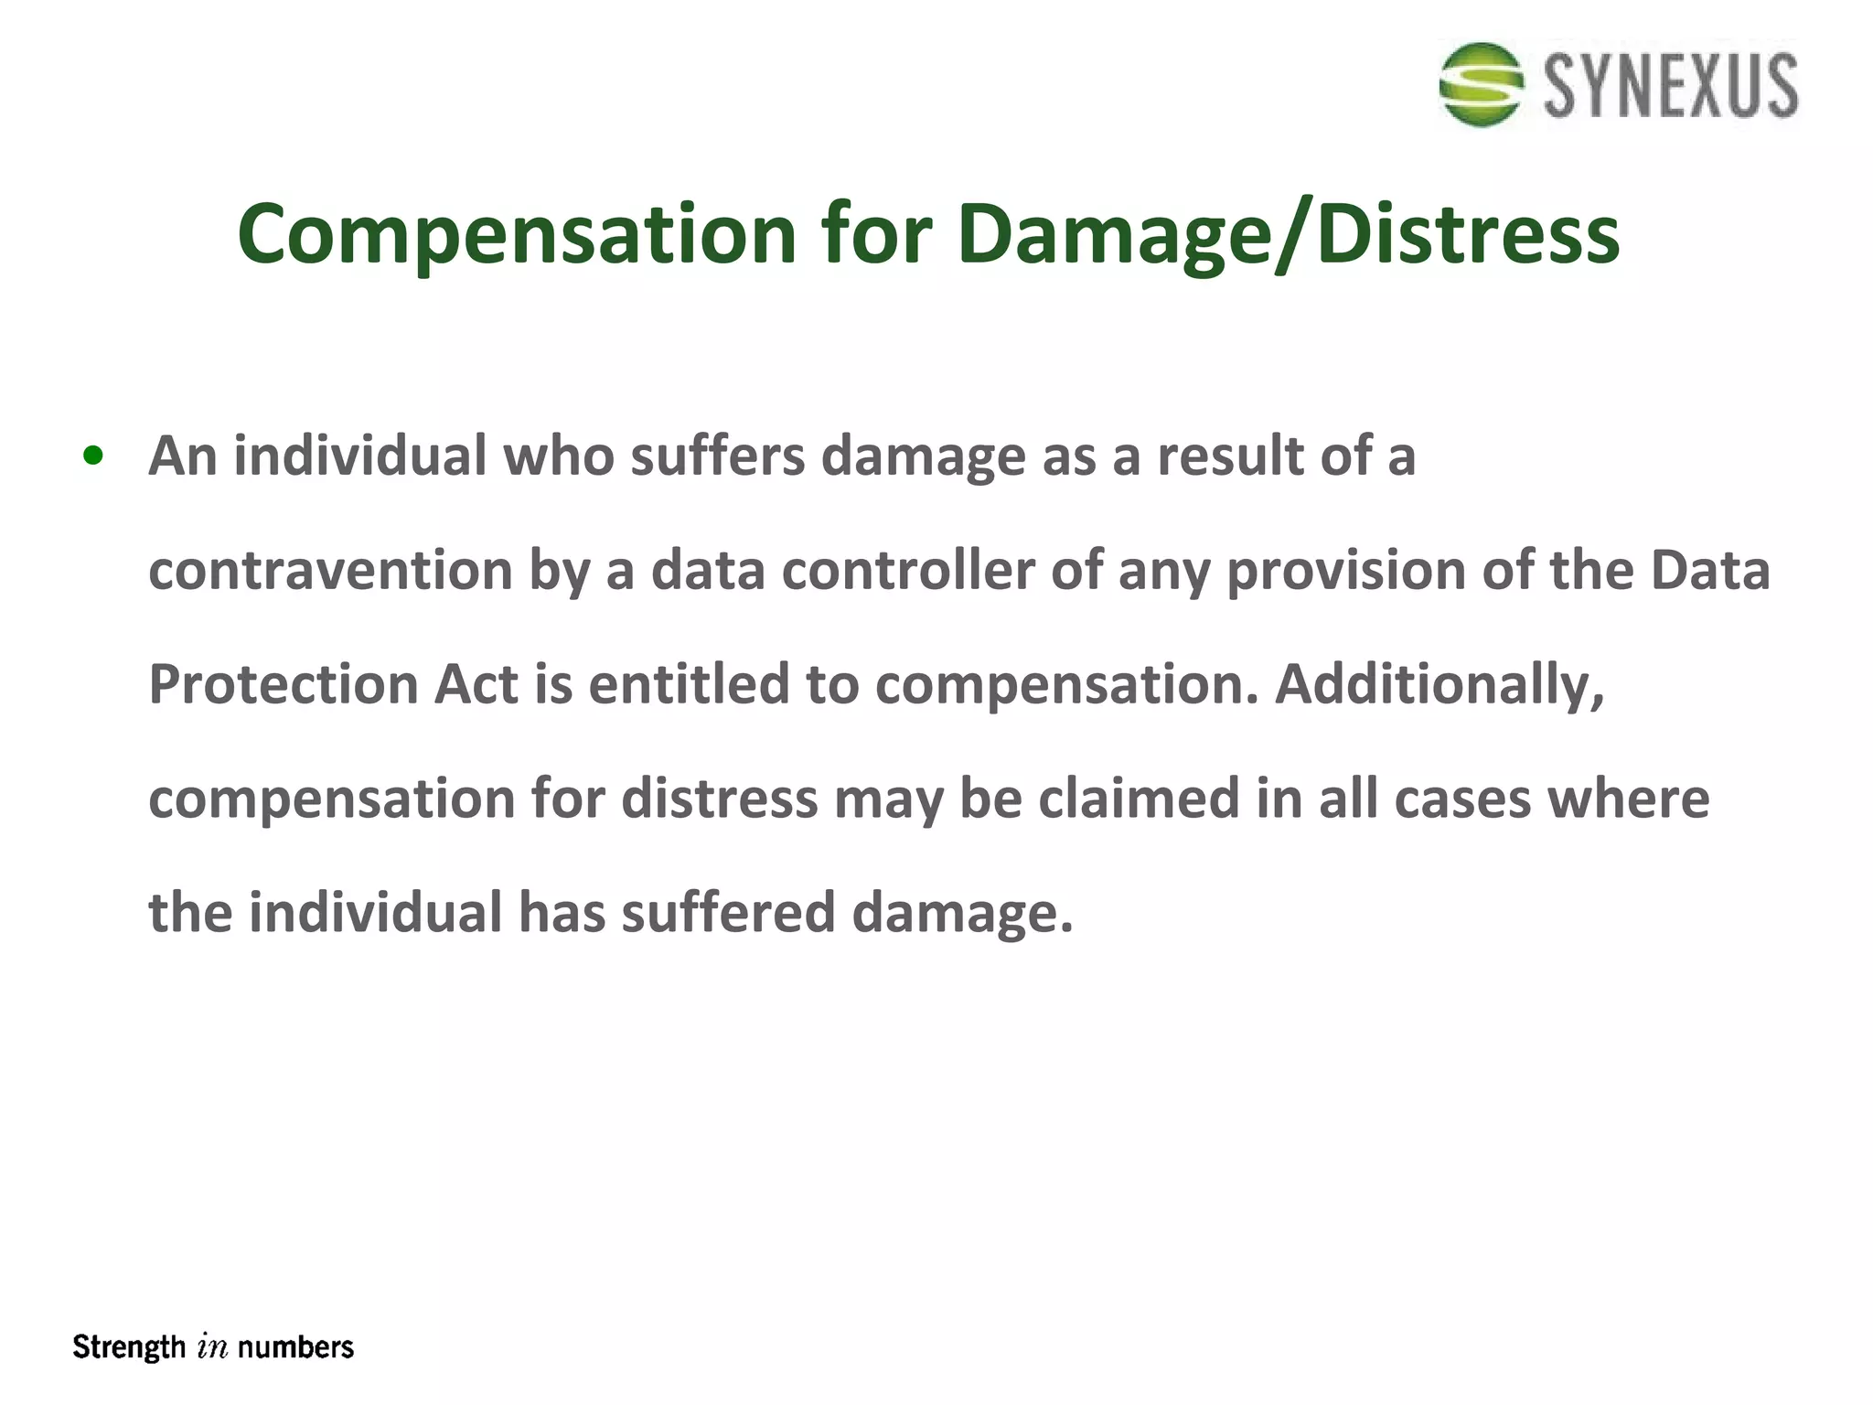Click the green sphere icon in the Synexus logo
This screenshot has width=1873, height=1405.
coord(1481,84)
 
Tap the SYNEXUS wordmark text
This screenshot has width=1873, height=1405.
coord(1671,86)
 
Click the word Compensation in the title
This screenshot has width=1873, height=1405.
coord(518,235)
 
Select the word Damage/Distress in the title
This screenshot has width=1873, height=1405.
coord(1289,235)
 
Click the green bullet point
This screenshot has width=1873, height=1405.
coord(92,456)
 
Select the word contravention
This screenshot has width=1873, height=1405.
coord(330,570)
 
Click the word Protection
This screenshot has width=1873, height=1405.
coord(284,684)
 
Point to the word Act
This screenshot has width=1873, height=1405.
coord(476,684)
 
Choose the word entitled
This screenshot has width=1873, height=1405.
coord(689,684)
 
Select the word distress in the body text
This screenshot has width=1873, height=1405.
coord(720,799)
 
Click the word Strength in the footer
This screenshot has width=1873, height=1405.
coord(129,1347)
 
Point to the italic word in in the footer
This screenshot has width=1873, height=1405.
coord(211,1348)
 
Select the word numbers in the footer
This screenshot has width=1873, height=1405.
coord(295,1347)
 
